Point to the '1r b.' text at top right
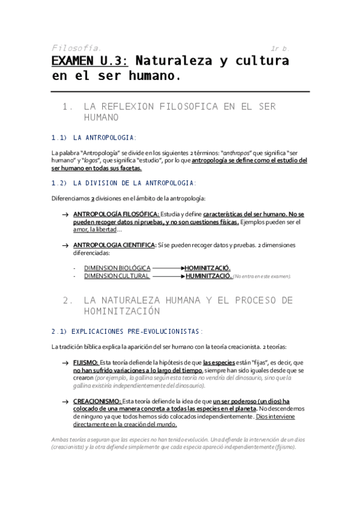(x=279, y=48)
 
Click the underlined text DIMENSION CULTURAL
(x=117, y=276)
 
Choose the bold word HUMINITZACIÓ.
(x=208, y=276)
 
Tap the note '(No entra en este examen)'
(x=262, y=277)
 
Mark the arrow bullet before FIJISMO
(x=65, y=363)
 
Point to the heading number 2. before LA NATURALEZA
(x=67, y=300)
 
